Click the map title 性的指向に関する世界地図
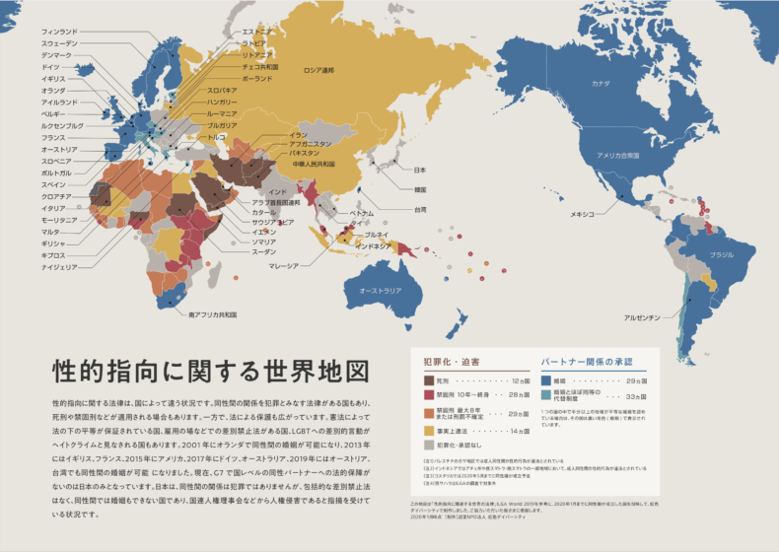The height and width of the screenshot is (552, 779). pos(209,372)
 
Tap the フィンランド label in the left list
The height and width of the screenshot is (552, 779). pos(59,33)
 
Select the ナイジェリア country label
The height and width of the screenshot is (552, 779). pos(58,267)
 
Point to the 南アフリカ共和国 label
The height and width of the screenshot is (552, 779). pos(212,315)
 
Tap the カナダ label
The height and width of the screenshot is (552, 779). pos(601,85)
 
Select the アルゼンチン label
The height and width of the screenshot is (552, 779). pos(641,317)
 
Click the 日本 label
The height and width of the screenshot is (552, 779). pos(419,170)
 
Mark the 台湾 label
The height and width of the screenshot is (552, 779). pos(419,210)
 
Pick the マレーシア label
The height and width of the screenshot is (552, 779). pos(284,265)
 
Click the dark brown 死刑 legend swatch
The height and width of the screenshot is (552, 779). pos(429,379)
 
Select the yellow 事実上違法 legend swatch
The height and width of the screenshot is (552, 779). pos(429,431)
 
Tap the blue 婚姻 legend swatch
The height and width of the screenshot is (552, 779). pos(546,379)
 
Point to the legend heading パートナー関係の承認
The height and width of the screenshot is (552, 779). pos(586,362)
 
